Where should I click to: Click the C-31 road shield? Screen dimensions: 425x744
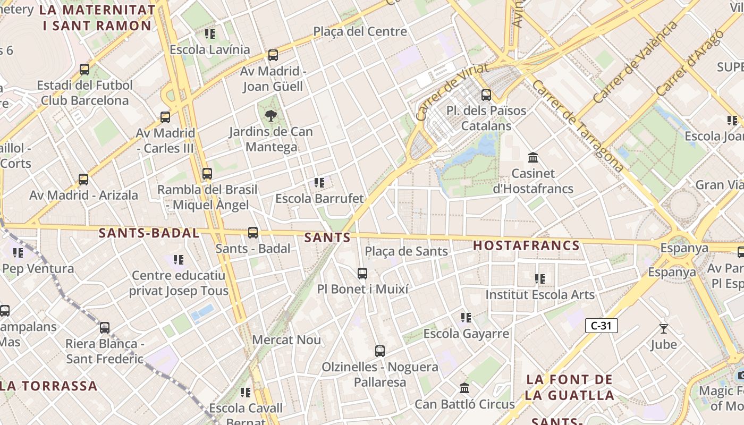[601, 326]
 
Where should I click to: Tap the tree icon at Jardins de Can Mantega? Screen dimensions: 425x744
[271, 115]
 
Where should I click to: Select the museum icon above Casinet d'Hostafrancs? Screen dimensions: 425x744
[533, 157]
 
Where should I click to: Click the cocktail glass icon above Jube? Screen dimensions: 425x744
[663, 328]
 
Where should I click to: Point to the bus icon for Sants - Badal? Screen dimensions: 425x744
[253, 232]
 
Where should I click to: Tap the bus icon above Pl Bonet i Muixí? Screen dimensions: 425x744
[362, 273]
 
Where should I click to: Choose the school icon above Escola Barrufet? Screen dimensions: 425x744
[319, 183]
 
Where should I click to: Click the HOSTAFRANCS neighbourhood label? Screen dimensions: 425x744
[526, 245]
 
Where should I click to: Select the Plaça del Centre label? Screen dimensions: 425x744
[360, 31]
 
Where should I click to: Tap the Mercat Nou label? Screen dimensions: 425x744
[286, 339]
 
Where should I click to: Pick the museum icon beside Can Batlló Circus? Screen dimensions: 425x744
[464, 388]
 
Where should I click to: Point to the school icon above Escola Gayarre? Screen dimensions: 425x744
[466, 318]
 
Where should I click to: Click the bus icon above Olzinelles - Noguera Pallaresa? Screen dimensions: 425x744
[379, 351]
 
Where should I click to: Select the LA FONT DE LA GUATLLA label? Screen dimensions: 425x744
[569, 387]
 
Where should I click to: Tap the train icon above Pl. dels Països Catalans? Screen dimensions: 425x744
[486, 95]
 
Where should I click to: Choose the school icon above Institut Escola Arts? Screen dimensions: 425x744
[540, 278]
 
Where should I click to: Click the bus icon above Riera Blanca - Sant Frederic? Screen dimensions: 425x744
[105, 327]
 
